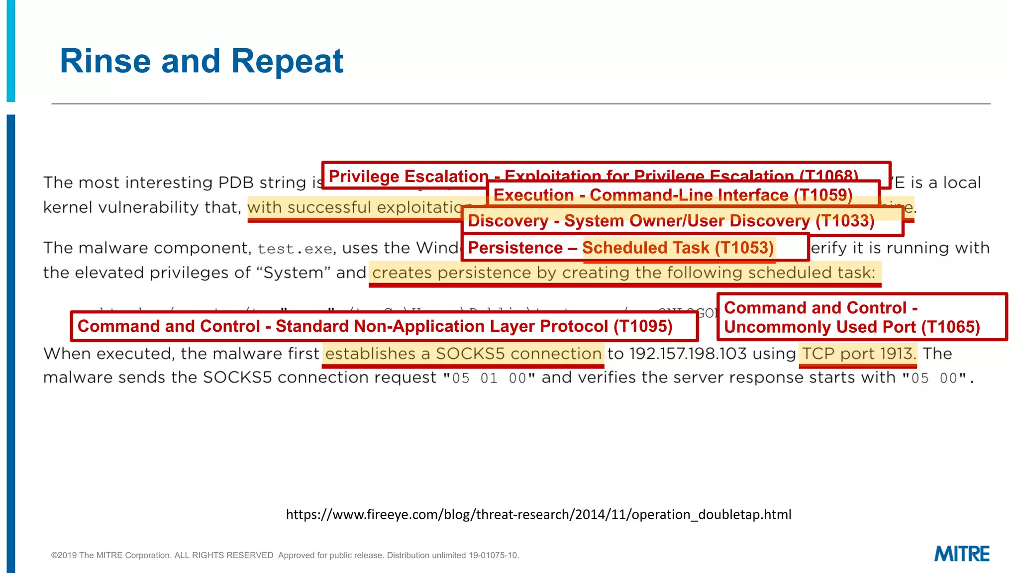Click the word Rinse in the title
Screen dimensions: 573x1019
105,61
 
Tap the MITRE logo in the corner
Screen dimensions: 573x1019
961,554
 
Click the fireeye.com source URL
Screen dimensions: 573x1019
538,514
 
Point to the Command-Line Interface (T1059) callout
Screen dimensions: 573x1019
673,195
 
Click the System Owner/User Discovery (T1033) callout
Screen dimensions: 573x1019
671,221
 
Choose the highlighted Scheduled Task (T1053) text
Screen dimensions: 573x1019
678,248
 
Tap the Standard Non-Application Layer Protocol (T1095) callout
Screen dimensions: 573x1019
375,326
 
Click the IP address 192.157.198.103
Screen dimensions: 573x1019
688,354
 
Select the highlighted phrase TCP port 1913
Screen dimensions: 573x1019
858,354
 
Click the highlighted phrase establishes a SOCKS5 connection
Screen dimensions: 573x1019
463,354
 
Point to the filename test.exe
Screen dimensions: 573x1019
295,249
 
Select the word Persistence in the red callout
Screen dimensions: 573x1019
515,248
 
